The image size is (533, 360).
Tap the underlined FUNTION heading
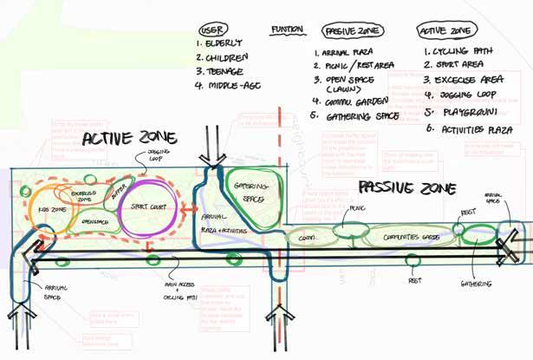[x=286, y=29]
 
